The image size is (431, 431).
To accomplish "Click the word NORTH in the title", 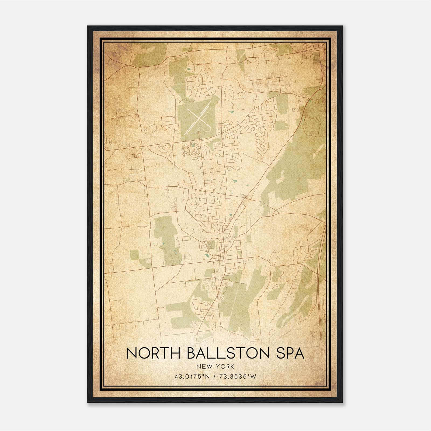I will (x=153, y=353).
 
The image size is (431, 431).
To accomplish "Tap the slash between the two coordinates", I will (x=214, y=377).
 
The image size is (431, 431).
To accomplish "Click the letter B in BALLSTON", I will (x=191, y=353).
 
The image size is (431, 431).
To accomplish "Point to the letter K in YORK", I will (x=232, y=366).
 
